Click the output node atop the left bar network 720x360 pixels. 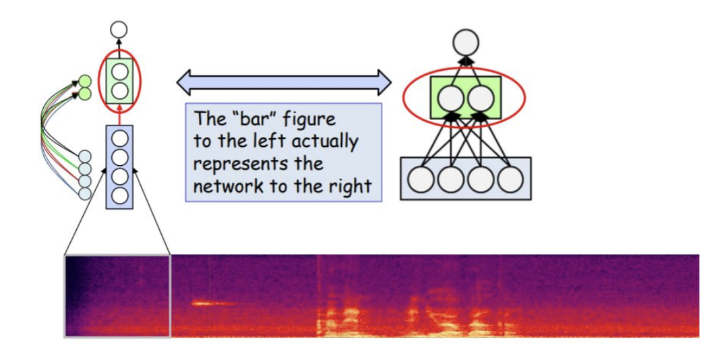coord(119,29)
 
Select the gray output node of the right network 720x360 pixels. coord(465,42)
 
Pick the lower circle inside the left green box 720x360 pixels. coord(119,90)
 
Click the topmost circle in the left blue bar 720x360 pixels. coord(119,139)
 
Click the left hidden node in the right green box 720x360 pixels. coord(450,98)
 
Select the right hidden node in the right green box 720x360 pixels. coord(481,98)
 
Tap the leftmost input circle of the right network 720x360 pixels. coord(421,179)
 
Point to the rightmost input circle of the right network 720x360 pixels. coord(510,179)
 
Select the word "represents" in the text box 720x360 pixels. coord(235,164)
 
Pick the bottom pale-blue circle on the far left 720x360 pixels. coord(85,193)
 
